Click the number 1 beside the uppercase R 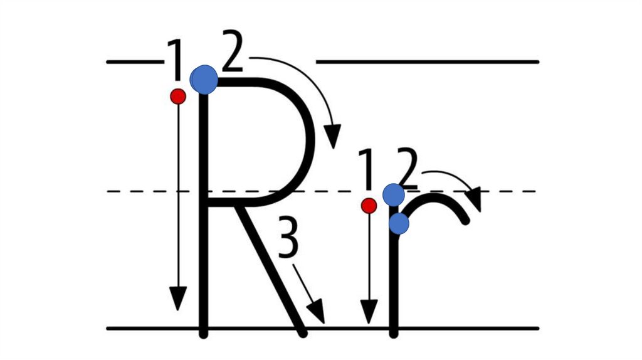175,61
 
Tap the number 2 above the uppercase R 232,55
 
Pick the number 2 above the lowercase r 408,171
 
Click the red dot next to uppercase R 178,96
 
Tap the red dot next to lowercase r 369,205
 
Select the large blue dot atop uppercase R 204,80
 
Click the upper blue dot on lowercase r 393,195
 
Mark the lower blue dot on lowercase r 399,223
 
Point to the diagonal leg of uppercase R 270,270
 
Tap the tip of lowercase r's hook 465,220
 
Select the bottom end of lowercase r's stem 393,333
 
